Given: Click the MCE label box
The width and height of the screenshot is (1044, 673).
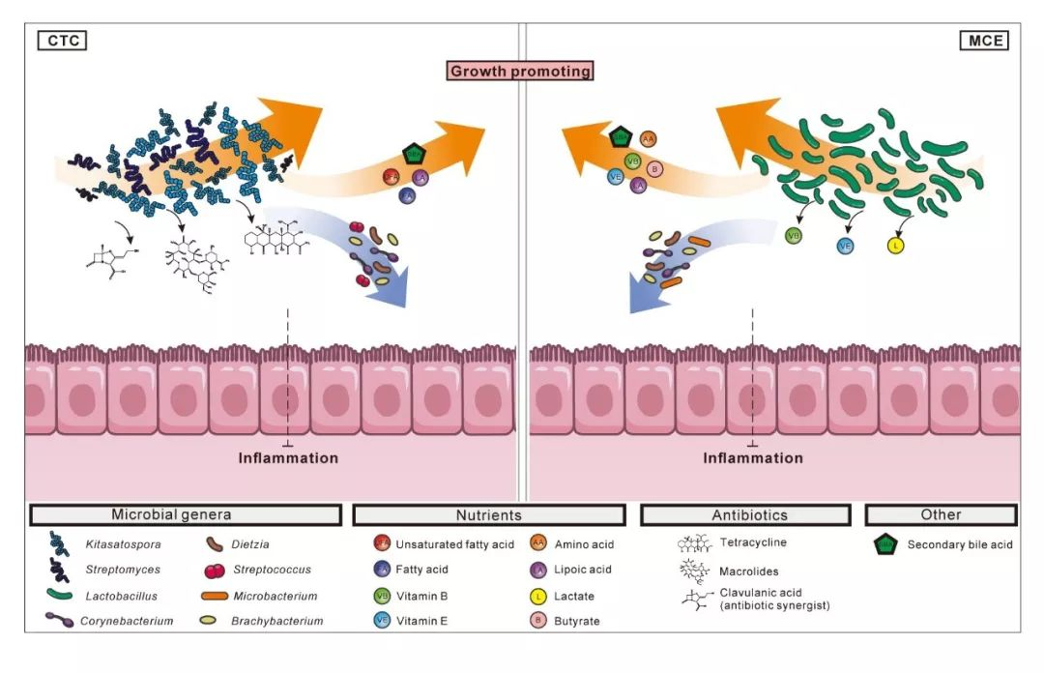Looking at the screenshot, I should pyautogui.click(x=984, y=41).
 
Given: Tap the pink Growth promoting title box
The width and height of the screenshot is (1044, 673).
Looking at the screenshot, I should pyautogui.click(x=520, y=71).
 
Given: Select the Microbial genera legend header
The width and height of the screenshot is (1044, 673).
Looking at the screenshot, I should pyautogui.click(x=185, y=515).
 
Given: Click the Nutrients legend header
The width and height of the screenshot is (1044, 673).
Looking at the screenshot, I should pyautogui.click(x=489, y=515).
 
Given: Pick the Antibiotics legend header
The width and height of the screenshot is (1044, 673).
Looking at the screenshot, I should pyautogui.click(x=744, y=515).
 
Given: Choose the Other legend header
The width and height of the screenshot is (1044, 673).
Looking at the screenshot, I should pyautogui.click(x=941, y=515).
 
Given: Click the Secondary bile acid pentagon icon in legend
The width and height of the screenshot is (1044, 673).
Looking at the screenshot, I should pyautogui.click(x=884, y=545).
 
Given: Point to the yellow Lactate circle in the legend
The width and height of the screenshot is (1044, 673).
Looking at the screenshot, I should pyautogui.click(x=539, y=597).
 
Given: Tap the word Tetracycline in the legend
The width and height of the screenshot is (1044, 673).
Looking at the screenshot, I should pyautogui.click(x=752, y=543).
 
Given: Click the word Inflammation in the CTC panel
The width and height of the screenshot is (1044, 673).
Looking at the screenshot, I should pyautogui.click(x=288, y=457).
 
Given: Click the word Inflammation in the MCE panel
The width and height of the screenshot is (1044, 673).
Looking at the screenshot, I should pyautogui.click(x=752, y=457).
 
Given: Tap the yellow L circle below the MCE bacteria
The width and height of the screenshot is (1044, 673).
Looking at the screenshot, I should pyautogui.click(x=896, y=246).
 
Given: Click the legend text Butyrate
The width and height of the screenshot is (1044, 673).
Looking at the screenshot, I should pyautogui.click(x=577, y=622).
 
